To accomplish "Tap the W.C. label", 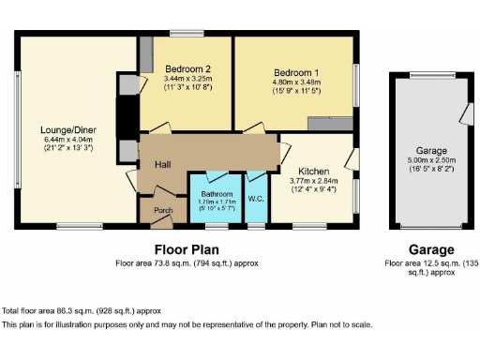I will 255,197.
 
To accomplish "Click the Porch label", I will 163,210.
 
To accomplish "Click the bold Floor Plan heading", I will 187,249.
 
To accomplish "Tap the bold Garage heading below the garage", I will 430,249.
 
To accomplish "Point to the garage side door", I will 466,113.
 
